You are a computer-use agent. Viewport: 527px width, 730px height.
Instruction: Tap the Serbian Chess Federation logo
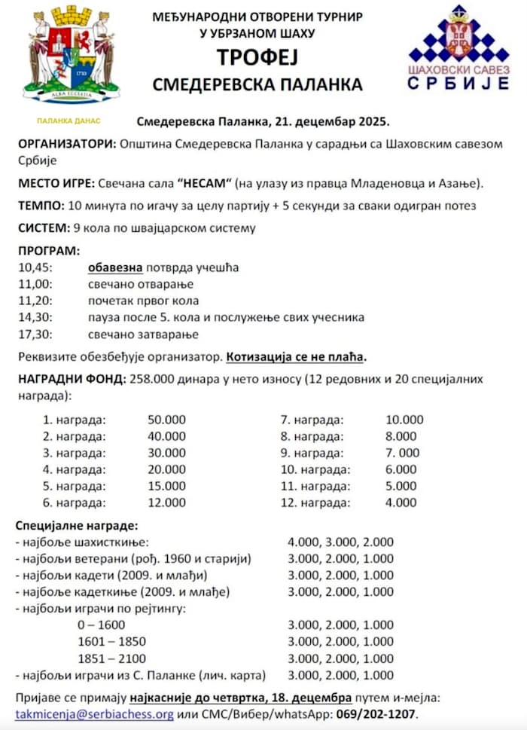(x=458, y=49)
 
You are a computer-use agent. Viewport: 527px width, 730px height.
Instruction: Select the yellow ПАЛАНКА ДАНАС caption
(x=69, y=121)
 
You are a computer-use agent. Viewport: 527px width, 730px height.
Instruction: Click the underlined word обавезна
(x=114, y=267)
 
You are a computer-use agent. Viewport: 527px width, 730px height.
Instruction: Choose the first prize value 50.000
(x=167, y=420)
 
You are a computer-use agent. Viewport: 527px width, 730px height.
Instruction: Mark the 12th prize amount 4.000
(x=401, y=502)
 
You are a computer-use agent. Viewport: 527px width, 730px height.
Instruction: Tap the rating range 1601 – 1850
(x=112, y=641)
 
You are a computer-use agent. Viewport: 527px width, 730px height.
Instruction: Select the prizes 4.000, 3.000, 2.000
(x=340, y=542)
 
